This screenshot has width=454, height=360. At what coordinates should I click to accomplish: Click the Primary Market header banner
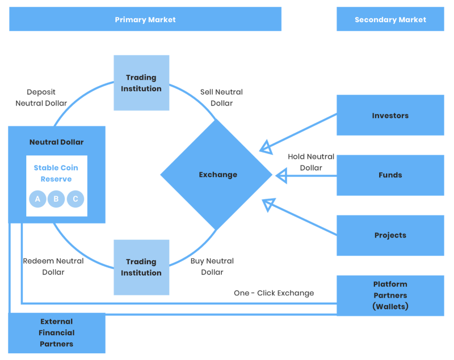pos(145,19)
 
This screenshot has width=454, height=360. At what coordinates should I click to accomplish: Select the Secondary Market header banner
pos(390,19)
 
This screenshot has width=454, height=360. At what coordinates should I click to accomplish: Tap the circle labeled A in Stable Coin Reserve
pos(37,199)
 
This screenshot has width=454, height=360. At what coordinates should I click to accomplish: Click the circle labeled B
pos(56,199)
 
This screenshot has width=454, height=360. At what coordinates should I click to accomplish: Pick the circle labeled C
pos(75,199)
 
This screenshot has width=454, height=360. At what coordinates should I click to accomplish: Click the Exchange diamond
pos(217,175)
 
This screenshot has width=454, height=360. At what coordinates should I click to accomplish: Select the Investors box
pos(390,116)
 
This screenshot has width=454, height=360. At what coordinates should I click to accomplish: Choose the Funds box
pos(390,175)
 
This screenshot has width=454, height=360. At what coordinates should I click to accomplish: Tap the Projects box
pos(390,235)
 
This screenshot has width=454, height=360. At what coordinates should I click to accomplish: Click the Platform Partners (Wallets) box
pos(390,295)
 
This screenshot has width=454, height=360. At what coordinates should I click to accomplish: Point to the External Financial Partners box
pos(57,333)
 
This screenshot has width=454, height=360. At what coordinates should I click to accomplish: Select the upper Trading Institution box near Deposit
pos(141,83)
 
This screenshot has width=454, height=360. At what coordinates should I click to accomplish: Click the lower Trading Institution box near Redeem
pos(141,267)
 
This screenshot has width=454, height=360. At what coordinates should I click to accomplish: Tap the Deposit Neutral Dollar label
pos(41,98)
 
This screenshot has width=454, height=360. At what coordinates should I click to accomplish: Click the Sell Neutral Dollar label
pos(221,98)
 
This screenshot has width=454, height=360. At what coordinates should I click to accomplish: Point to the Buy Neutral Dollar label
pos(212,266)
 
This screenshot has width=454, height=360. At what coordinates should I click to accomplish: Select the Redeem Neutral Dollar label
pos(53,266)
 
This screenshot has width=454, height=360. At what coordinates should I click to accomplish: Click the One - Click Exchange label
pos(274,293)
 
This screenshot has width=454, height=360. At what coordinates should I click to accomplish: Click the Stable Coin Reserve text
pos(56,173)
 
